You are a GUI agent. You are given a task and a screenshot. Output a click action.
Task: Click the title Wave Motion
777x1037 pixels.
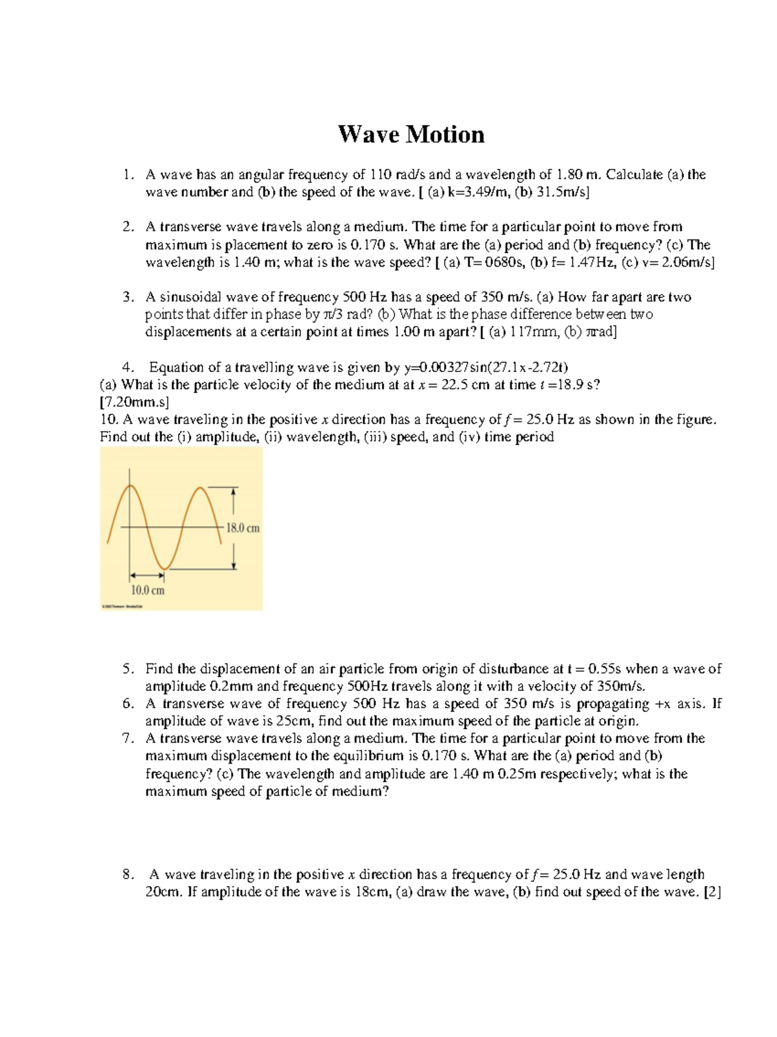[411, 135]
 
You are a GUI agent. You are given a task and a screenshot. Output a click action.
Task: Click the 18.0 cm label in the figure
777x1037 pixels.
[242, 528]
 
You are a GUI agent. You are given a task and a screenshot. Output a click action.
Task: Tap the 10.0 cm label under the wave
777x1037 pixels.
[148, 590]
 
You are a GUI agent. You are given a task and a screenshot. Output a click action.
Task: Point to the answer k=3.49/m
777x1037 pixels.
[474, 192]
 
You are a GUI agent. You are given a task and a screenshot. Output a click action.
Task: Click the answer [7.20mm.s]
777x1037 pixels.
[135, 402]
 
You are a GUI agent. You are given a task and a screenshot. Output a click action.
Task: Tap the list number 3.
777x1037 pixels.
[127, 297]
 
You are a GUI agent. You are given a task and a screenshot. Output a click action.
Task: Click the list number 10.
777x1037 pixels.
[107, 419]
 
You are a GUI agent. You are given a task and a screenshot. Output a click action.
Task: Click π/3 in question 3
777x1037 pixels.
[335, 315]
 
